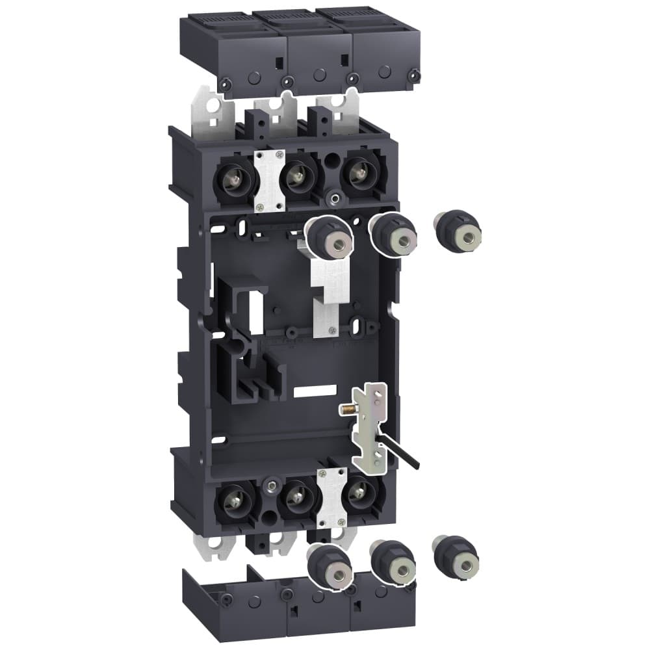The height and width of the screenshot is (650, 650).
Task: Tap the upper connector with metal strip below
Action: [x=329, y=237]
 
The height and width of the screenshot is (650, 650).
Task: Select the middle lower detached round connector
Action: [x=393, y=562]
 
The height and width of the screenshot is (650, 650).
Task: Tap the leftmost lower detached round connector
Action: [x=330, y=565]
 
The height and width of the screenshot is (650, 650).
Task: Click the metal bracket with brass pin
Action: [x=369, y=426]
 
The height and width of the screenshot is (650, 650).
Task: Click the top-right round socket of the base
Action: [x=357, y=174]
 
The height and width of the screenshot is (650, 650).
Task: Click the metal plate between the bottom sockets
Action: [x=331, y=498]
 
